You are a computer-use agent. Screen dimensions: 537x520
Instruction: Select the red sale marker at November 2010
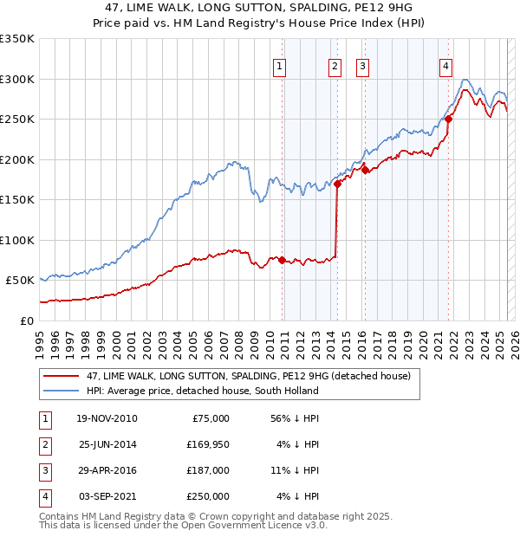(x=283, y=260)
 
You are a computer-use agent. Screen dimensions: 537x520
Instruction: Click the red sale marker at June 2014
(x=337, y=184)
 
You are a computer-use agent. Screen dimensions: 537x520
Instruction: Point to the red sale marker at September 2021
(x=448, y=120)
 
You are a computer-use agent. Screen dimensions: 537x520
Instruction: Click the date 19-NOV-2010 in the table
(x=107, y=418)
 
